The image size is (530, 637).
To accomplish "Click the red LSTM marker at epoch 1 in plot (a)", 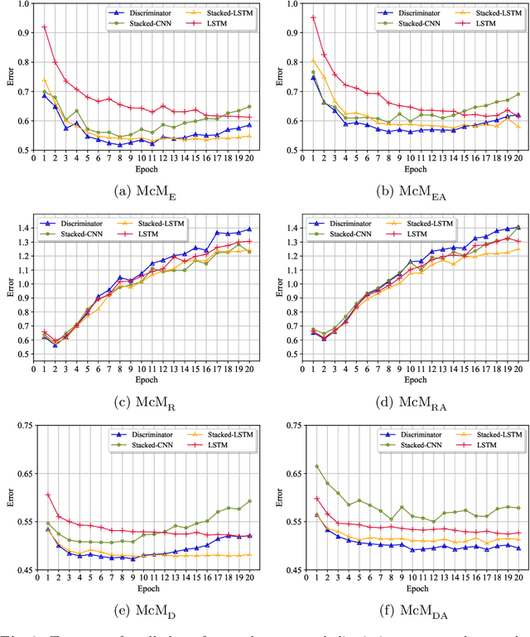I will (44, 27).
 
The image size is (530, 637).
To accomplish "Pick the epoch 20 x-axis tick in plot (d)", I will (519, 392).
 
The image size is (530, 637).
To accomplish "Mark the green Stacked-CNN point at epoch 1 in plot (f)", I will (316, 466).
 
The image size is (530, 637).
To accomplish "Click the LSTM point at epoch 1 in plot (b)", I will (313, 17).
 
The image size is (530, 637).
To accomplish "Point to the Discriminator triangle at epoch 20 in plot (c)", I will (249, 229).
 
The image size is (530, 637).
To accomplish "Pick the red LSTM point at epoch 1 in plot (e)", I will (47, 495).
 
